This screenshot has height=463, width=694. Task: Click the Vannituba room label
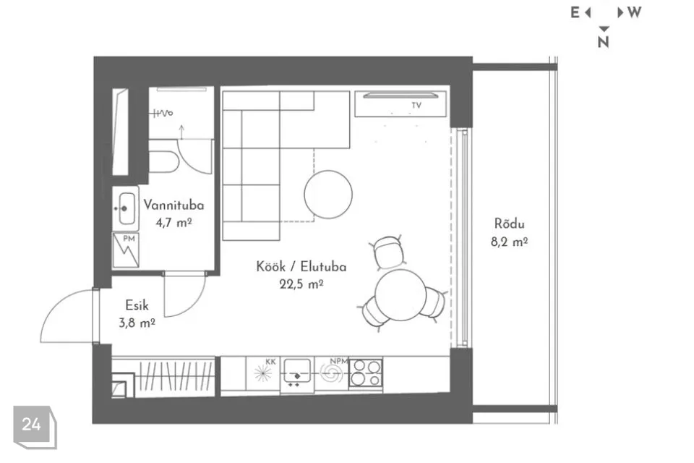click(x=173, y=205)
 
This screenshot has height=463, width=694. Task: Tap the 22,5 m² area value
click(x=301, y=284)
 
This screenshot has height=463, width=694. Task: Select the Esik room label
click(x=137, y=305)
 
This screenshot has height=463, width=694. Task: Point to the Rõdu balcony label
click(x=510, y=224)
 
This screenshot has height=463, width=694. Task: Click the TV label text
click(x=416, y=106)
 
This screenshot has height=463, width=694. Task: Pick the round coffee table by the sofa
click(x=328, y=195)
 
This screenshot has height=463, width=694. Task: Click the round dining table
click(x=400, y=295)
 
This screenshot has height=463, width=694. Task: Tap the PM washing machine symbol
click(x=126, y=250)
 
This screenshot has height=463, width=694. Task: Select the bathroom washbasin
click(x=125, y=208)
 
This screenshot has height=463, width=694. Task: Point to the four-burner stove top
click(x=366, y=373)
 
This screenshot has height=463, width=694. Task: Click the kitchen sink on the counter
click(x=297, y=372)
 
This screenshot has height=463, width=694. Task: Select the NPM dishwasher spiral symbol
click(x=331, y=373)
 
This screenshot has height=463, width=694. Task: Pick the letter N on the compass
click(x=603, y=42)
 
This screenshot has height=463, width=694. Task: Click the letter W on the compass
click(x=634, y=12)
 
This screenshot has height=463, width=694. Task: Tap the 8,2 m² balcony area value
click(x=509, y=242)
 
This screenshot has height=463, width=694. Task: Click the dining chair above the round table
click(x=389, y=252)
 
